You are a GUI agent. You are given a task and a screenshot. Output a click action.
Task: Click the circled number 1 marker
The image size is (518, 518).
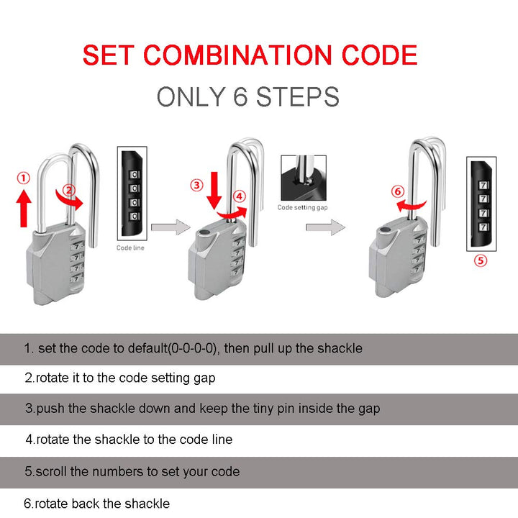(x=24, y=178)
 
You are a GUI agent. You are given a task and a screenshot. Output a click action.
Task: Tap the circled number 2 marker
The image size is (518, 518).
(x=69, y=190)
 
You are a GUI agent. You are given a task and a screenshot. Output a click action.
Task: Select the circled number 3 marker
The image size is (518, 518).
(x=196, y=185)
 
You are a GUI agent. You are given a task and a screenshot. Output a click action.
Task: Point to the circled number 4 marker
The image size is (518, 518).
(x=240, y=196)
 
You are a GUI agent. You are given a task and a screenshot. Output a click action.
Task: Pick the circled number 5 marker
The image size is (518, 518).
(x=481, y=260)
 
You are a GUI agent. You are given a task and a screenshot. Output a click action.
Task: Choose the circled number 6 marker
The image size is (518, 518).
(x=398, y=191)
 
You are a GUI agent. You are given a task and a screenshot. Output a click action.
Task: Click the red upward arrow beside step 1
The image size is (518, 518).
(x=24, y=209)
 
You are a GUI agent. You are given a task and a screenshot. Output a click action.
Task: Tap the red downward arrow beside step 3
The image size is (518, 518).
(x=214, y=190)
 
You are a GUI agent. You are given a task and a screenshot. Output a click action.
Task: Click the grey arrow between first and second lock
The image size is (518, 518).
(x=171, y=227)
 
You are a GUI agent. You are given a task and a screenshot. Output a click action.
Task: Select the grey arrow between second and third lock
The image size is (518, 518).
(x=325, y=227)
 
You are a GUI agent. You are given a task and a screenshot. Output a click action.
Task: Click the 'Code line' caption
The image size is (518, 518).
(x=130, y=247)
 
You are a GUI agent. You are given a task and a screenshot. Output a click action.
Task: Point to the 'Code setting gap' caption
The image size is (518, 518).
(x=302, y=207)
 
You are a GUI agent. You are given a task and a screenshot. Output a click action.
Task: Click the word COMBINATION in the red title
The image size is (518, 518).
(x=237, y=55)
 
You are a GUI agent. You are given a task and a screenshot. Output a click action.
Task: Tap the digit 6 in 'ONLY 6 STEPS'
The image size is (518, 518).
(x=240, y=96)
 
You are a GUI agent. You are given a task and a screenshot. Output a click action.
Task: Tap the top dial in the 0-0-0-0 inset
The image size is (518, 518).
(x=134, y=174)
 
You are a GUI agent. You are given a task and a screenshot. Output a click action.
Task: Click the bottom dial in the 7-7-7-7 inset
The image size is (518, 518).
(x=483, y=227)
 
